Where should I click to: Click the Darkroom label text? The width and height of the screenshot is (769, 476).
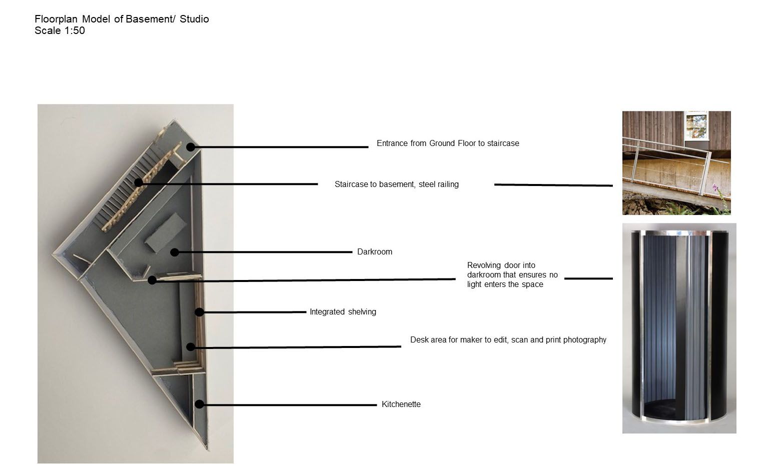pos(375,252)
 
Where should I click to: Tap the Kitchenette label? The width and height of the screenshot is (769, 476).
pos(401,404)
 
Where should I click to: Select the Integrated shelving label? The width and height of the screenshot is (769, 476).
pos(343,312)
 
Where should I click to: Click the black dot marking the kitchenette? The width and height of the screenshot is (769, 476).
pos(200,404)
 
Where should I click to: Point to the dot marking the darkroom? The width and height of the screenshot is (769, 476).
pos(175,252)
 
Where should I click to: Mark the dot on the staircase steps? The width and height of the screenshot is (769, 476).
pos(139,182)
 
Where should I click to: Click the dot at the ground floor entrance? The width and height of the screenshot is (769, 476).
pos(191,147)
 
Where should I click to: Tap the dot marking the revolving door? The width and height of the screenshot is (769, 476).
pos(152,280)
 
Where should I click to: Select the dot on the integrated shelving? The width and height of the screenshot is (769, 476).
pos(200,312)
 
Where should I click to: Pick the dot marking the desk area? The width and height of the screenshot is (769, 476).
pos(191,347)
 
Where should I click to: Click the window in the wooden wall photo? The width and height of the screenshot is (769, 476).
pos(696,126)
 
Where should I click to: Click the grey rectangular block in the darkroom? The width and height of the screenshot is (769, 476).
pos(166,232)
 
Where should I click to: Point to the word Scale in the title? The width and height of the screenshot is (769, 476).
pos(48,30)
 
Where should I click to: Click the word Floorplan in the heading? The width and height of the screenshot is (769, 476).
pos(56,19)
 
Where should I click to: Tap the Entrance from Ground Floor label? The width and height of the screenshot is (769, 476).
pos(448,143)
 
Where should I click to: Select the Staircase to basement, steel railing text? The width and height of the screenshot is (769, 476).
pos(397,184)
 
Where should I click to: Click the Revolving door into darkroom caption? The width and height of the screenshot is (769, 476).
pos(512,275)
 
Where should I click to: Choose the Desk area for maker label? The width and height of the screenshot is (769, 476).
pos(508,340)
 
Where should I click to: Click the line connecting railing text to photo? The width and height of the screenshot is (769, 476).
pos(553,185)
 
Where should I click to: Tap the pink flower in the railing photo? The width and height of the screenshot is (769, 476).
pos(715,187)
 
